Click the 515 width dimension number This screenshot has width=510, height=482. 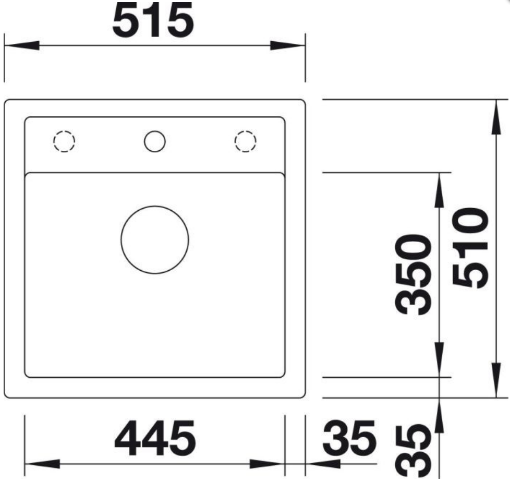(x=153, y=20)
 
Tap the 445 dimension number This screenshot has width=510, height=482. (x=155, y=438)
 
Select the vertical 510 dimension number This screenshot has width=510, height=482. (x=470, y=248)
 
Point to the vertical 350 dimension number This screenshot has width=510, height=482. (x=414, y=274)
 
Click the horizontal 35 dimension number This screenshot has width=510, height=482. (x=349, y=438)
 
